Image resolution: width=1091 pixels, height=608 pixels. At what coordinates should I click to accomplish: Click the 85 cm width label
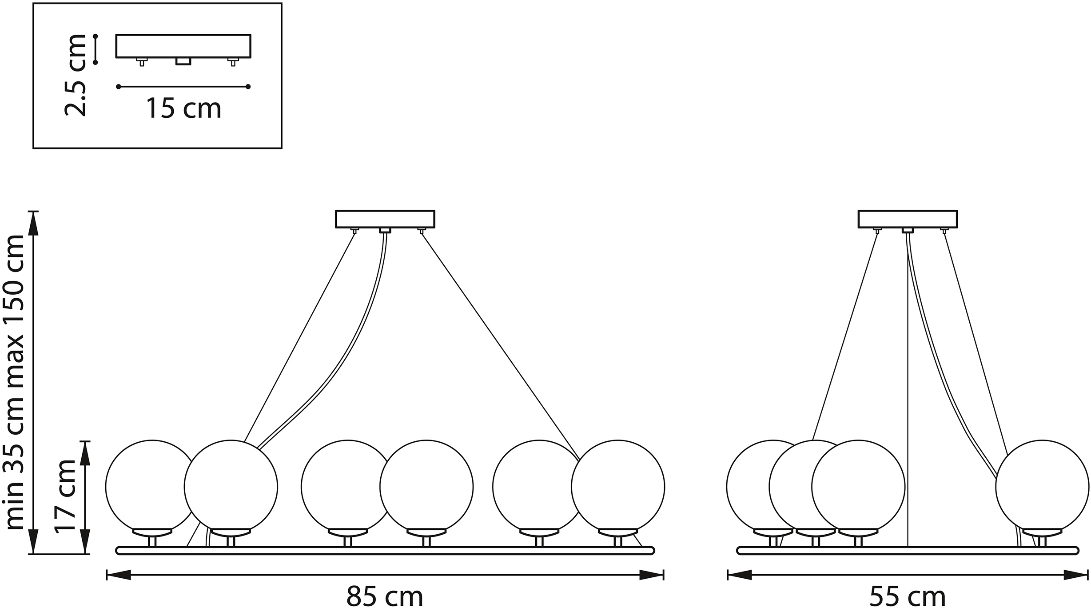pyautogui.click(x=385, y=596)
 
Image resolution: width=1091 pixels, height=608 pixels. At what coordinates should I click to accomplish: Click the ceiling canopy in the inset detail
pyautogui.click(x=183, y=46)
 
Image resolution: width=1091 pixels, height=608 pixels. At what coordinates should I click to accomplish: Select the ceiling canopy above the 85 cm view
pyautogui.click(x=385, y=219)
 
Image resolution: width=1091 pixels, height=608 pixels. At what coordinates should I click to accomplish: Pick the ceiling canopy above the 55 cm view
pyautogui.click(x=908, y=219)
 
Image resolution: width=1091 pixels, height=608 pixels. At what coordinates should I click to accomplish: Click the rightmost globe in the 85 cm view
pyautogui.click(x=618, y=487)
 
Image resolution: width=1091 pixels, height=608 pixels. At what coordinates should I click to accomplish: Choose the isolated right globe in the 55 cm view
pyautogui.click(x=1042, y=487)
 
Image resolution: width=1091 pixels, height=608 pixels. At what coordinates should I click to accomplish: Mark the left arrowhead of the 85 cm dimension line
pyautogui.click(x=118, y=575)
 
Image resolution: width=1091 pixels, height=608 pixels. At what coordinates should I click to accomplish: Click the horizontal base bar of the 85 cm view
pyautogui.click(x=385, y=551)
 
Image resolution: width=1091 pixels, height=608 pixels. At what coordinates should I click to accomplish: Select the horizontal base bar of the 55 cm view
pyautogui.click(x=908, y=551)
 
